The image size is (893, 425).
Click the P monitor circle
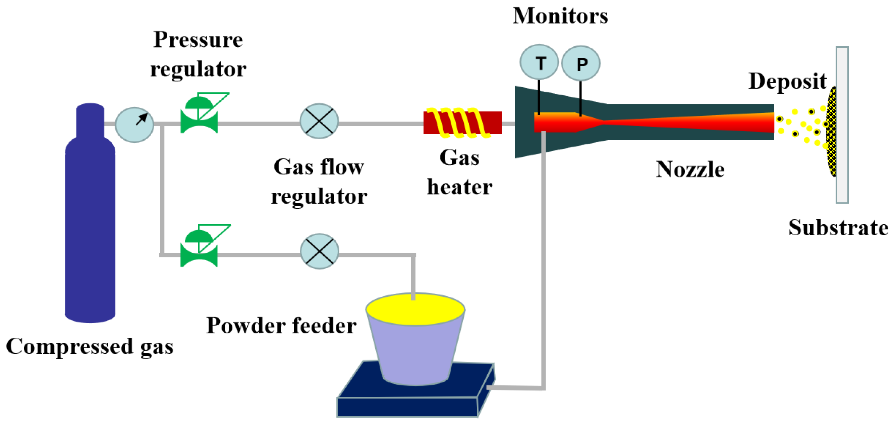click(581, 63)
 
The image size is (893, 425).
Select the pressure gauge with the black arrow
click(134, 125)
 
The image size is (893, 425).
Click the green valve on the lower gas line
click(199, 246)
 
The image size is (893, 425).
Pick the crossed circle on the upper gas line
click(319, 121)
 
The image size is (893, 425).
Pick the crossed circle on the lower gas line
click(319, 251)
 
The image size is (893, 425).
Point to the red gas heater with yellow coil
click(462, 123)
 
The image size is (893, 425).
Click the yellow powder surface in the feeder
click(415, 310)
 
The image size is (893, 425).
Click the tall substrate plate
click(842, 125)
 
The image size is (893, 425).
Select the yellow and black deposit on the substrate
click(831, 132)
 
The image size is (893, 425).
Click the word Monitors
click(560, 16)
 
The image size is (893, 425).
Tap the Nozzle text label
click(690, 170)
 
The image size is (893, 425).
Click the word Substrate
click(838, 228)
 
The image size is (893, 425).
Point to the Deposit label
click(787, 82)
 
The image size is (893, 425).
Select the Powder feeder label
click(281, 325)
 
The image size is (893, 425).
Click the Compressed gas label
click(90, 347)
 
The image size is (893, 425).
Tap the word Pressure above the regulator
click(198, 40)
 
